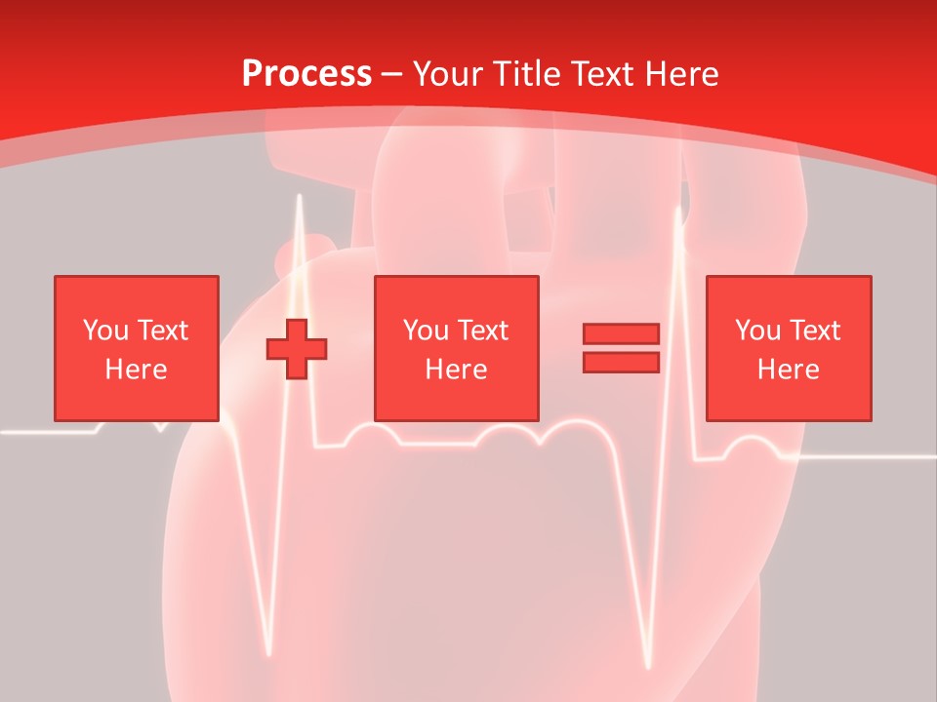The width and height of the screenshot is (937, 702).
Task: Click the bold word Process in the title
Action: click(306, 74)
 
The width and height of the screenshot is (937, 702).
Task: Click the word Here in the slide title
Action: click(683, 74)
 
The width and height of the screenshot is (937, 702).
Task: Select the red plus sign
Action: click(297, 349)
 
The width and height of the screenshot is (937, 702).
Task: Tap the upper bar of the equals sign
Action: click(621, 333)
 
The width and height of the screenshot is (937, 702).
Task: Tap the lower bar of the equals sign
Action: click(621, 363)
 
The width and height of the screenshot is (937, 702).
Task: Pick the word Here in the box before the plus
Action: click(136, 370)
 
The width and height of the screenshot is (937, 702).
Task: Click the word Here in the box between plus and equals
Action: click(456, 370)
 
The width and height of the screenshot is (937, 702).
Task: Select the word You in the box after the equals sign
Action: click(756, 331)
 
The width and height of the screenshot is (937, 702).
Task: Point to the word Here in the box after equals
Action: click(788, 370)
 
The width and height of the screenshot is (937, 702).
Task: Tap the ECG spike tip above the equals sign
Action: click(678, 208)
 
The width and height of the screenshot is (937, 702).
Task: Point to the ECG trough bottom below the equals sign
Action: click(647, 668)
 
